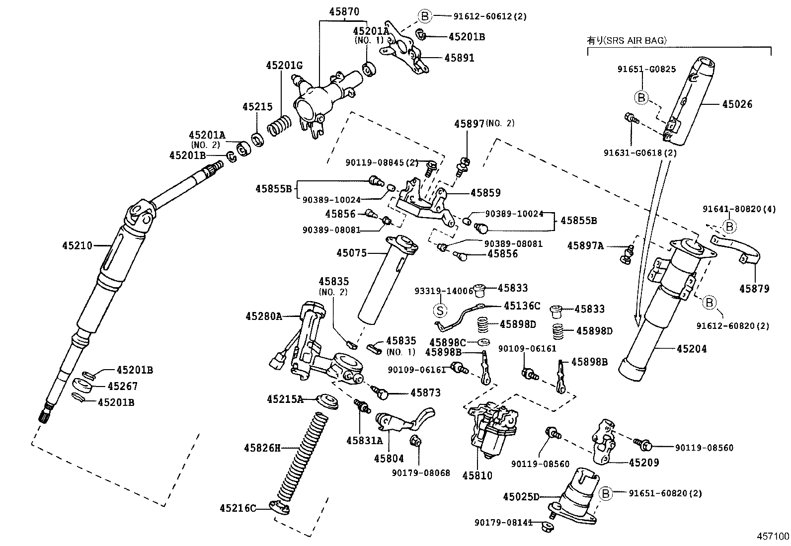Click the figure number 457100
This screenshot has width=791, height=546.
(x=773, y=537)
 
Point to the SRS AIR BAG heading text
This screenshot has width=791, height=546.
(x=627, y=40)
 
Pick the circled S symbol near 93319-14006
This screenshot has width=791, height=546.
(x=440, y=311)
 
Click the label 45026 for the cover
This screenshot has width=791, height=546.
(x=737, y=104)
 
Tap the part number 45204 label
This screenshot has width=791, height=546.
(x=692, y=349)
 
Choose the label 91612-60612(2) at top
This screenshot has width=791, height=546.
(x=489, y=16)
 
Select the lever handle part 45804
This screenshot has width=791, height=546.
(x=405, y=420)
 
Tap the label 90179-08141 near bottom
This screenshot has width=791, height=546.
(x=503, y=523)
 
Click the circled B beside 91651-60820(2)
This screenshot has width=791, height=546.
(x=605, y=493)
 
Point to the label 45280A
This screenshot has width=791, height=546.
(x=263, y=316)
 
